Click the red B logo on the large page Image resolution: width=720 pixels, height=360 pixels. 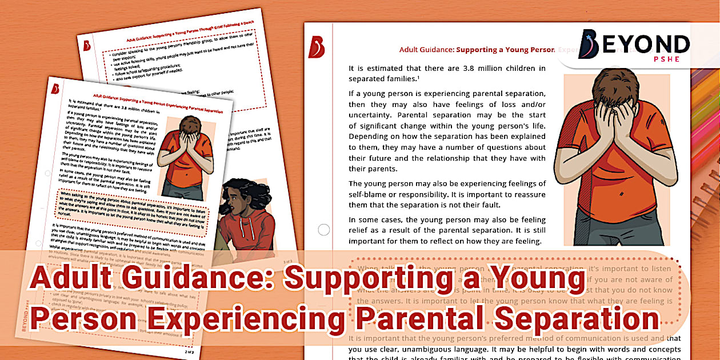[316, 47]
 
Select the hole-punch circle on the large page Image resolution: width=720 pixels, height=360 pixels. [324, 230]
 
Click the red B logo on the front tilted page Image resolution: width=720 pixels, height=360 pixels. [55, 89]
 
